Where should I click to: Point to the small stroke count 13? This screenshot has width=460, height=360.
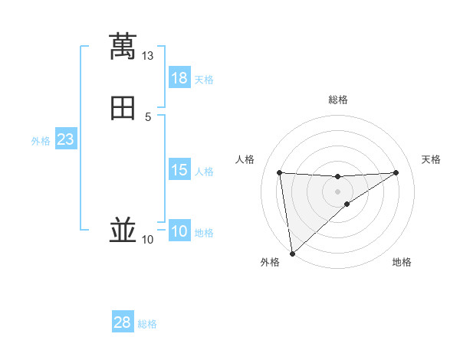[147, 56]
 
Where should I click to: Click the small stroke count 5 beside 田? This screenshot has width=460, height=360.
[148, 116]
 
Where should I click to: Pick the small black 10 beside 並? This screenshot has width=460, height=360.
[147, 240]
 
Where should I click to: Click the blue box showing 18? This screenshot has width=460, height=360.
[179, 78]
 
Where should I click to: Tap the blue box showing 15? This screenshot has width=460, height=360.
[179, 170]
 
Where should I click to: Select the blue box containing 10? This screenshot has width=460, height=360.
[179, 231]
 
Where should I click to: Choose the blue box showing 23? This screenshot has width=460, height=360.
[65, 139]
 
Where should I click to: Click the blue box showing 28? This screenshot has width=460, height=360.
[123, 322]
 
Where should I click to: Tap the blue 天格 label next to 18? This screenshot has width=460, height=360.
[204, 80]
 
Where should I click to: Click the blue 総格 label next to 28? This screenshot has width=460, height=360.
[147, 324]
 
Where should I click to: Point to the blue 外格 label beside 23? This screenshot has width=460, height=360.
[41, 141]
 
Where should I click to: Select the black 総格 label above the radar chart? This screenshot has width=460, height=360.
[337, 100]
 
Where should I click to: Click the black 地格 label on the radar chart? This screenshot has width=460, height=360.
[402, 262]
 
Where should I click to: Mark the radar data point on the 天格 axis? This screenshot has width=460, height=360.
[396, 172]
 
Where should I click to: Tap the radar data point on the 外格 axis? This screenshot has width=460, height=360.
[292, 254]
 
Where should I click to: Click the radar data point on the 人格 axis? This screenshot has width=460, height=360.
[280, 172]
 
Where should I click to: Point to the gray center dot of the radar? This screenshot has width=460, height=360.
[337, 191]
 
